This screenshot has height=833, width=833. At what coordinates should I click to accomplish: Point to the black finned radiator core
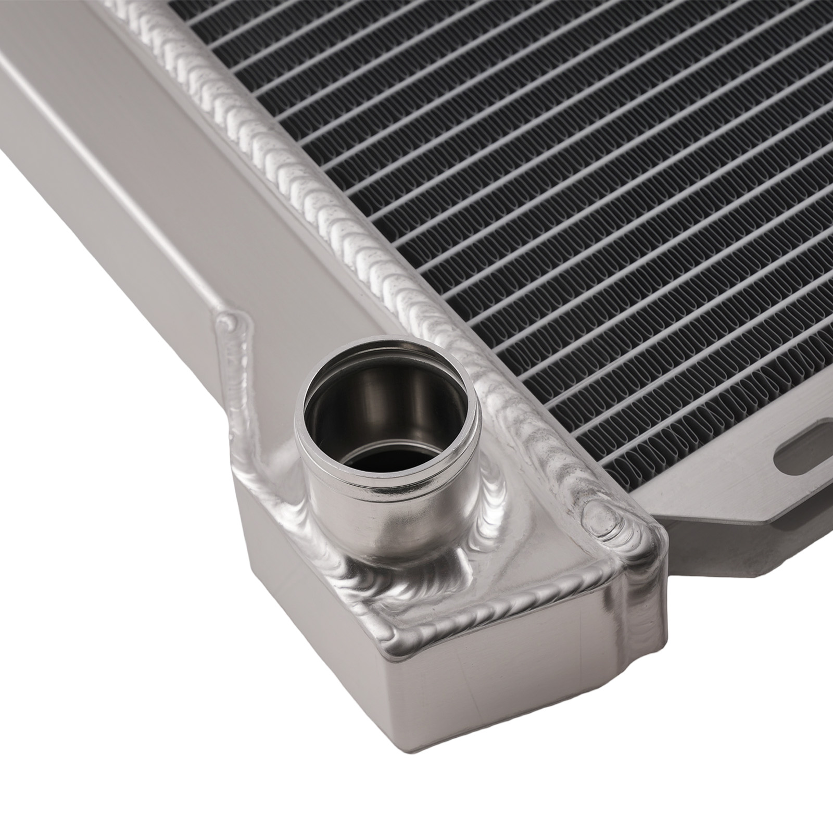click(573, 182)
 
